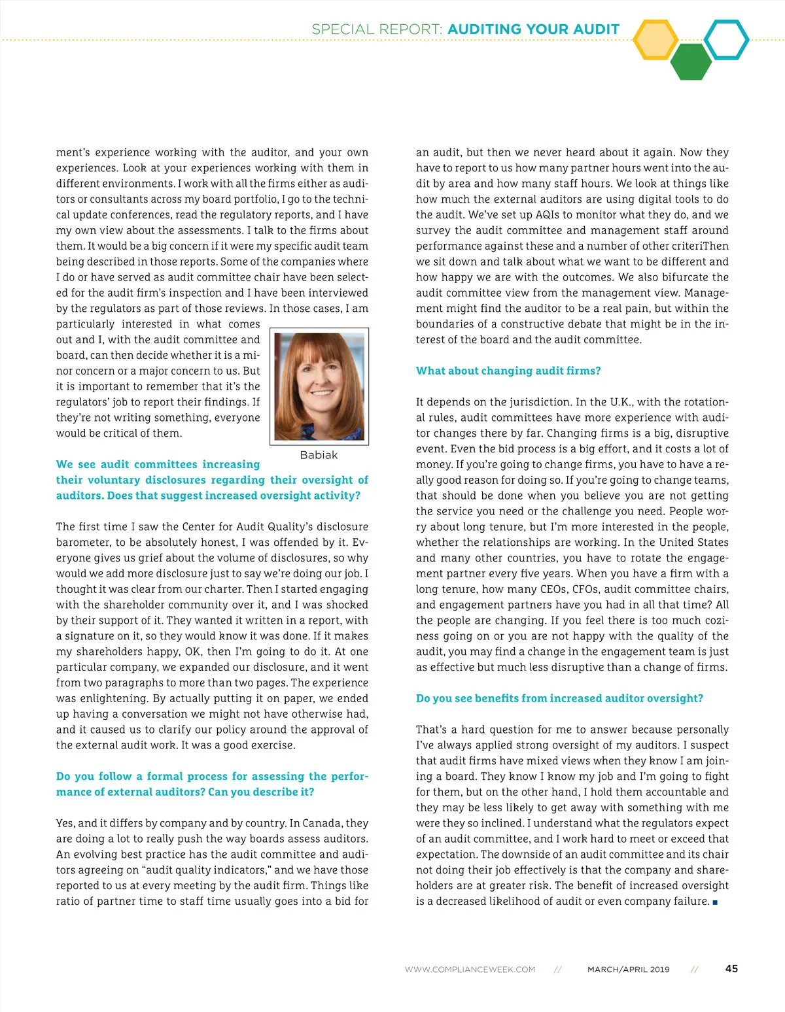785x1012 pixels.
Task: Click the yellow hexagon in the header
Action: (x=656, y=40)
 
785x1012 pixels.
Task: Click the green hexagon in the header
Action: (x=690, y=62)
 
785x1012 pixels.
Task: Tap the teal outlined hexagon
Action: (x=726, y=40)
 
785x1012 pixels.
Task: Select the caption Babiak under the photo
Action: (x=319, y=455)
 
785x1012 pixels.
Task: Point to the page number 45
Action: (x=731, y=969)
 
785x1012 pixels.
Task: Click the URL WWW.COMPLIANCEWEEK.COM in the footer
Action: (x=470, y=970)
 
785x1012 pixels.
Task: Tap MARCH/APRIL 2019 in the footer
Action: (x=628, y=970)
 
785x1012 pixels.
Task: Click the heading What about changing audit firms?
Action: (x=508, y=371)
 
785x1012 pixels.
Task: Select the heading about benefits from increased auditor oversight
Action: (x=559, y=698)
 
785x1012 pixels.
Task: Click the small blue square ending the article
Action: (x=715, y=902)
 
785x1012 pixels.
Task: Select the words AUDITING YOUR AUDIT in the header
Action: (x=533, y=29)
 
